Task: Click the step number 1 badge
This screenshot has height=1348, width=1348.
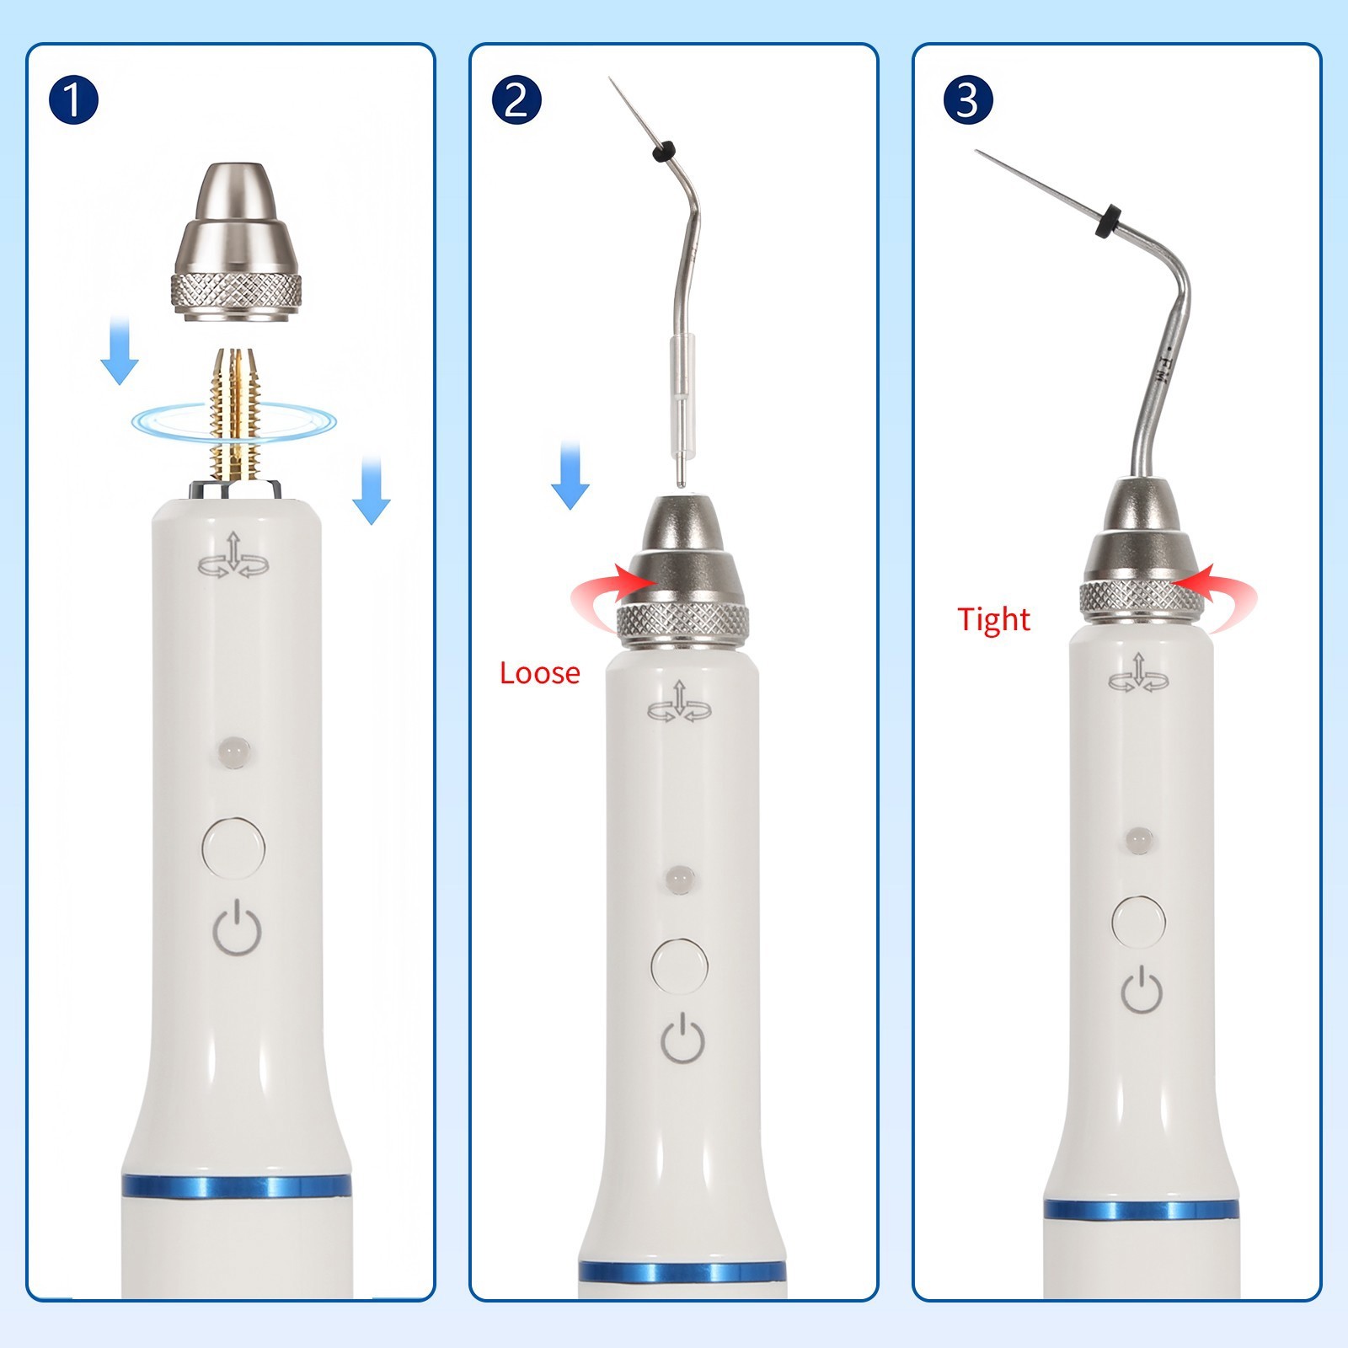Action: point(73,100)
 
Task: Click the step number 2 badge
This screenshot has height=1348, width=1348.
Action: point(516,100)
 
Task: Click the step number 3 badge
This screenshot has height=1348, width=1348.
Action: point(967,100)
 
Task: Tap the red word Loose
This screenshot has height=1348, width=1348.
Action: point(539,673)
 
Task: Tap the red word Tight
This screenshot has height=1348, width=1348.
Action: point(993,619)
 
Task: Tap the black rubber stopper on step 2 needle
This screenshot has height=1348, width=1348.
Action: point(663,152)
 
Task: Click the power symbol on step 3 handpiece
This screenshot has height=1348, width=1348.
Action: point(1142,991)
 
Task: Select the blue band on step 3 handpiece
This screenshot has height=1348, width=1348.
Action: point(1141,1211)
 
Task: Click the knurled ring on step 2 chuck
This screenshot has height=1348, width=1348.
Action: point(682,622)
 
